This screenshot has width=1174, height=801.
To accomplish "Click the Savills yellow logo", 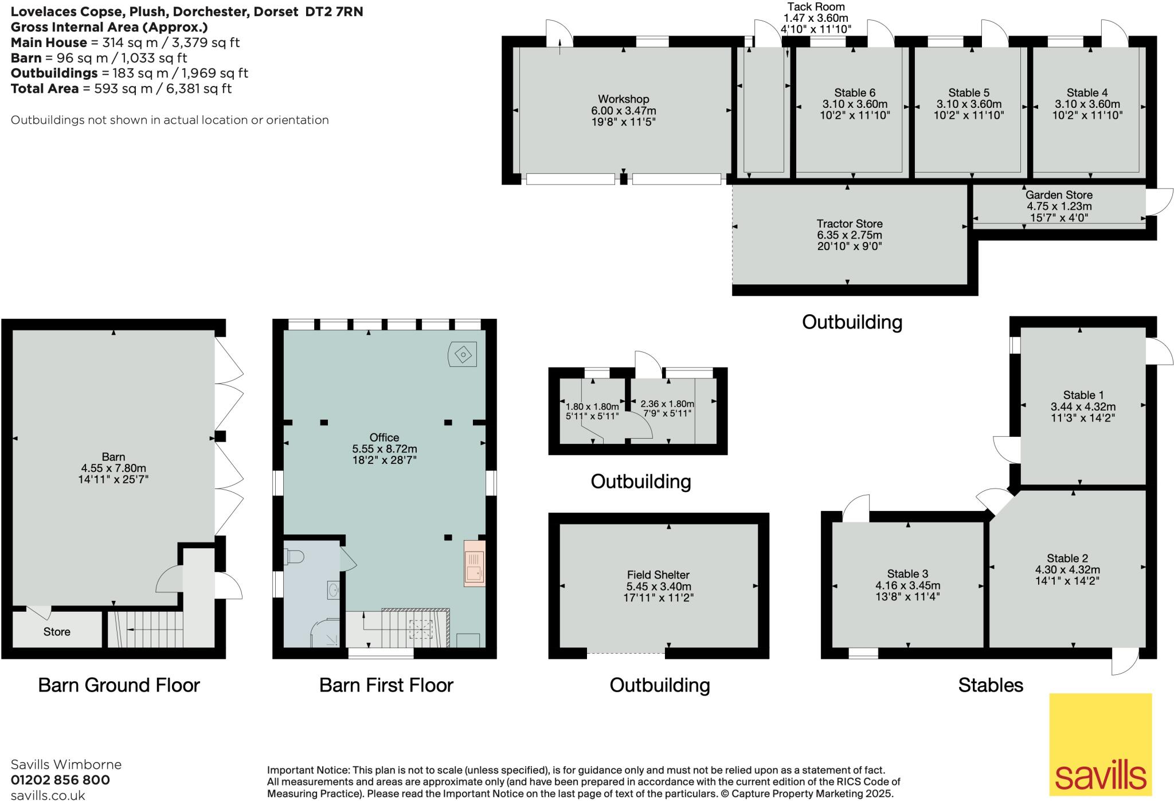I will pos(1100,744).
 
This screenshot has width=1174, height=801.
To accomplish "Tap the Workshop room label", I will pos(623,99).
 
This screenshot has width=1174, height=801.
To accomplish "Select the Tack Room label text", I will pos(816,7).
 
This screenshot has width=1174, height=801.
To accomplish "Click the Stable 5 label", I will pos(969,93).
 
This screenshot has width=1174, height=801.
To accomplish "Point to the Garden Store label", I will pos(1059,195).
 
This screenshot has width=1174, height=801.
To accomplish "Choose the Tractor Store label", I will pos(849,224).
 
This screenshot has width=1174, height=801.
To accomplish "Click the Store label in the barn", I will pos(57,632).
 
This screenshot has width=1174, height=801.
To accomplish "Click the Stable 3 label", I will pos(907,574).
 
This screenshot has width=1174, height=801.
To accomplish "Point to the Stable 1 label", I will pos(1083,395).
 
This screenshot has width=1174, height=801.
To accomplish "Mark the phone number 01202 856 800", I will pos(60,780).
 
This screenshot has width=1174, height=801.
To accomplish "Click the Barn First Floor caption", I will pos(386,685).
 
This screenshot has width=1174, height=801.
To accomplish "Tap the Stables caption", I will pos(990,685).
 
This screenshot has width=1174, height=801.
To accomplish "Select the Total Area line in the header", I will pos(121,88).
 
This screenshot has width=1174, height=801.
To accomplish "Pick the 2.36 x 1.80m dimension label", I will pos(667,404).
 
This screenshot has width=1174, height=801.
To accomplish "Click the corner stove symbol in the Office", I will pos(462,354).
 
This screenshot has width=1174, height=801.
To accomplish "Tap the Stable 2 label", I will pos(1067,558).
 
